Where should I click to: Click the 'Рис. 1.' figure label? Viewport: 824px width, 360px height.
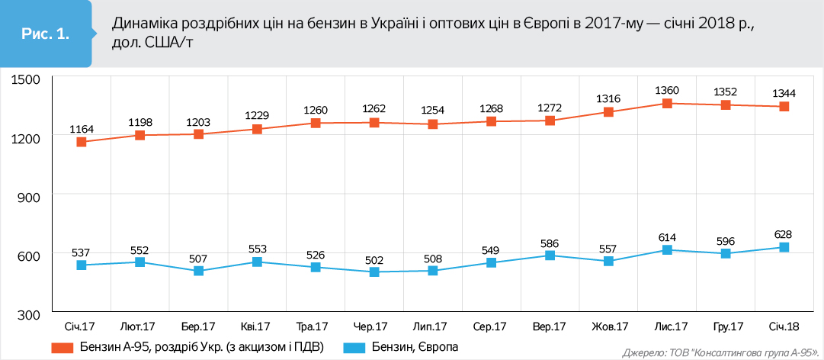coord(44,34)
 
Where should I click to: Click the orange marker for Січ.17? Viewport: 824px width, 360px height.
coord(82,142)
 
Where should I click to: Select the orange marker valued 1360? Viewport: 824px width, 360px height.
coord(667,103)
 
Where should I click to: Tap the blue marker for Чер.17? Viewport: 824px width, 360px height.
coord(374,272)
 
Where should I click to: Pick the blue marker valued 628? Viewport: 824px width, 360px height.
coord(784,247)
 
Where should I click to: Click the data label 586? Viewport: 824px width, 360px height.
coord(550,242)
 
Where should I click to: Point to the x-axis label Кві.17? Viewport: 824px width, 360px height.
coord(256,326)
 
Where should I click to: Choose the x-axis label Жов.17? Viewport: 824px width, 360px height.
coord(610,326)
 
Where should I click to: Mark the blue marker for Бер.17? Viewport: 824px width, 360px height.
coord(199,271)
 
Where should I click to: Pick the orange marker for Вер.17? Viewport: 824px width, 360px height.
coord(550,121)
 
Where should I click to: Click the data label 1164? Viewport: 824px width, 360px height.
coord(82,128)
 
